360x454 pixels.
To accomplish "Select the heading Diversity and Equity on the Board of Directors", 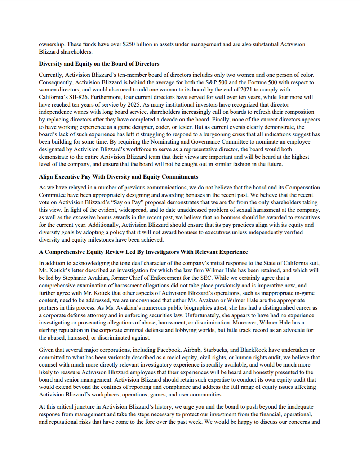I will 99,64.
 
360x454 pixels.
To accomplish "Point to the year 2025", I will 207,97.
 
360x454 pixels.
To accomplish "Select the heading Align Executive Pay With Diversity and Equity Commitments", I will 119,177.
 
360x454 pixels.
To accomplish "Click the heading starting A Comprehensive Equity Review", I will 143,252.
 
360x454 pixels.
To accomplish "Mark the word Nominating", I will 164,142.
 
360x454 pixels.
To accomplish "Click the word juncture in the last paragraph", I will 84,407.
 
